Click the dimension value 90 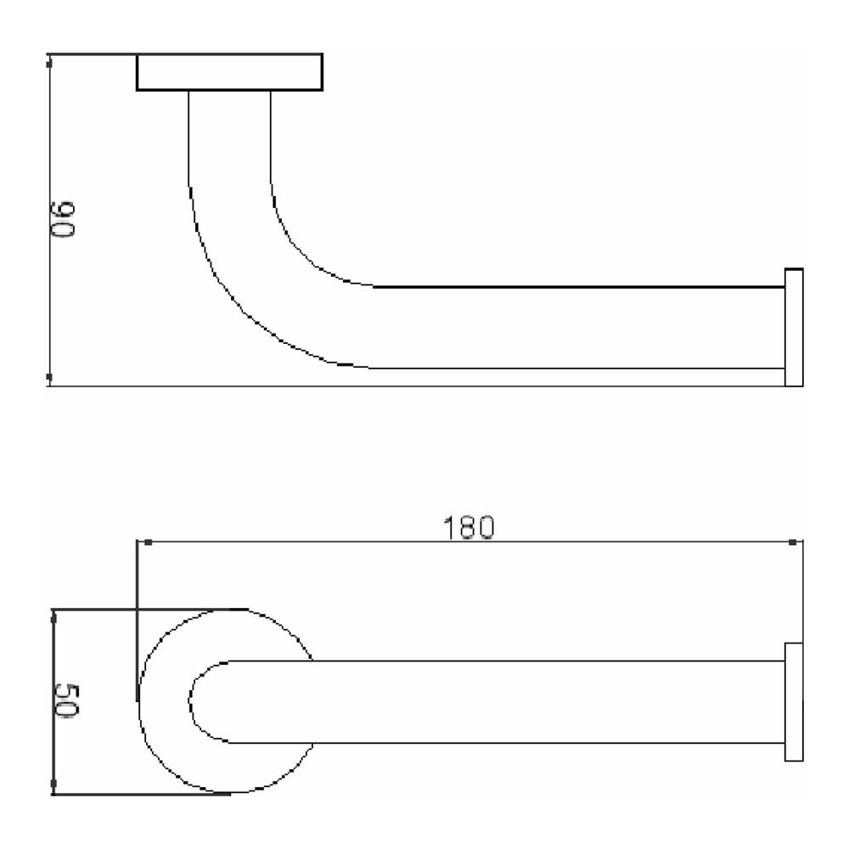click(65, 220)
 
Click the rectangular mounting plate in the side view click(229, 72)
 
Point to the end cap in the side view click(794, 328)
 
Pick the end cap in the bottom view click(794, 702)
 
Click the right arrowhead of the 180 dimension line click(792, 542)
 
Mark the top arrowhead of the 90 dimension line click(49, 60)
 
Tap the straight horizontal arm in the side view click(577, 328)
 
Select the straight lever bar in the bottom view click(543, 701)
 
